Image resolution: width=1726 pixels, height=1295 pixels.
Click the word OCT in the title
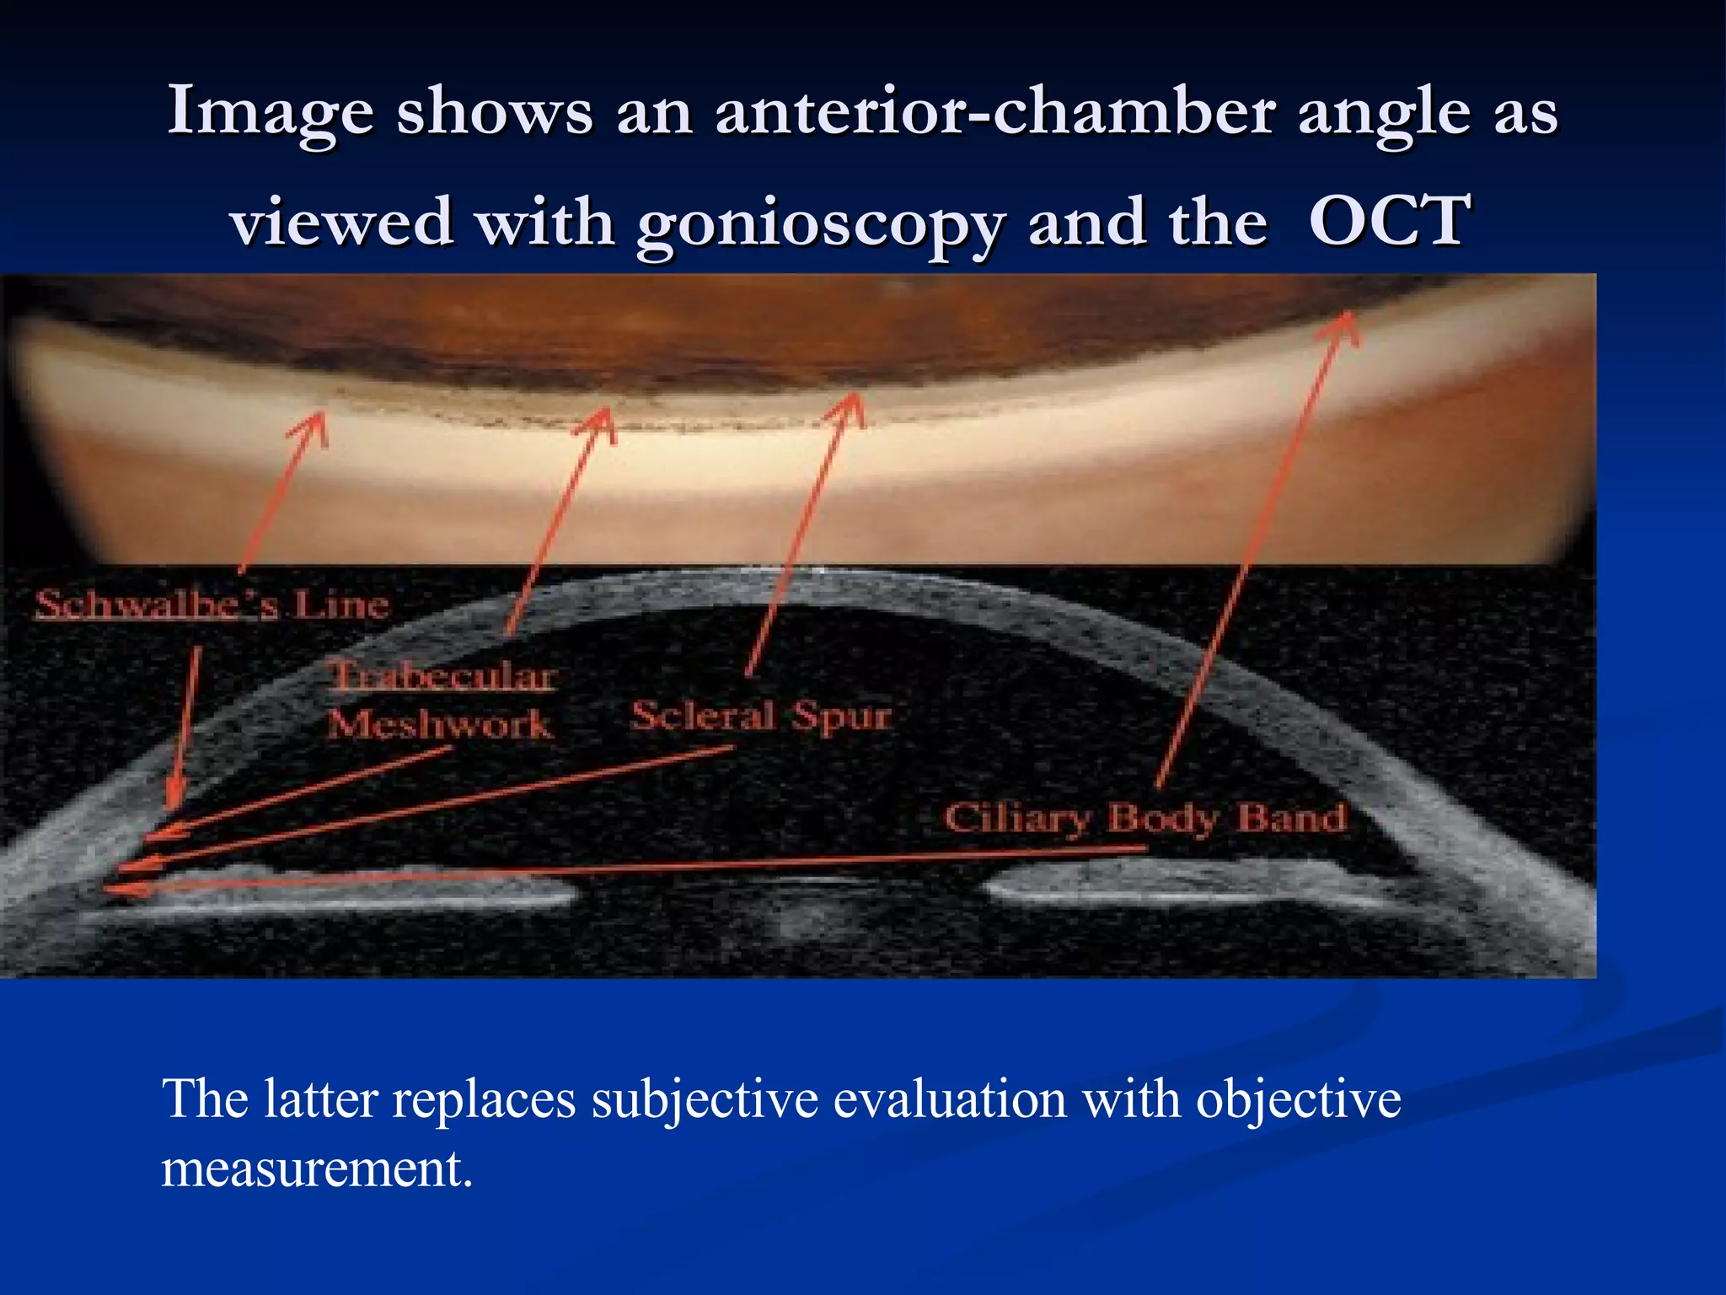click(1389, 221)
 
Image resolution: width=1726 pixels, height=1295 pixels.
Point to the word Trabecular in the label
click(442, 676)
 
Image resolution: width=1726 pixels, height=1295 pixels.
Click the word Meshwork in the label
click(439, 724)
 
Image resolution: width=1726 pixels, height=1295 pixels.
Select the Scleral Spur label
click(760, 717)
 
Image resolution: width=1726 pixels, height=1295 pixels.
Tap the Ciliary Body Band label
click(1144, 818)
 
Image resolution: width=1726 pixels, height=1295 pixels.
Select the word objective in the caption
click(1298, 1099)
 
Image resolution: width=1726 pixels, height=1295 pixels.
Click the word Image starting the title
click(271, 113)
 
